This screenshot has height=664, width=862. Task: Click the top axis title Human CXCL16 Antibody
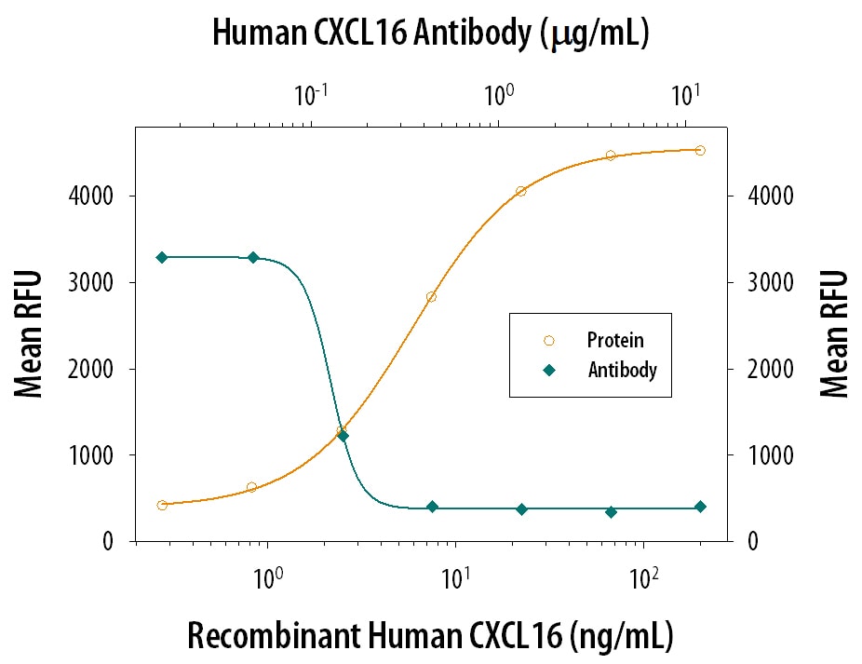(430, 33)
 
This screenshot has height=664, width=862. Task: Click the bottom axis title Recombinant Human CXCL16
(430, 635)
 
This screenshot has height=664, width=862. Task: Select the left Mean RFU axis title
(31, 333)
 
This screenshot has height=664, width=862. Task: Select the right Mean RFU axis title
(834, 333)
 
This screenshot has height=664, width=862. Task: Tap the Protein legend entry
(614, 341)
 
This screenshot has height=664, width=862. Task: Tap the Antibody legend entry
(622, 370)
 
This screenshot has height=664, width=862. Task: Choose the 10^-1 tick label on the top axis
(311, 95)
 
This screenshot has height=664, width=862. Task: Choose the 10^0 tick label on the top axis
(499, 95)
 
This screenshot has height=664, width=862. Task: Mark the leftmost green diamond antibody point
(162, 257)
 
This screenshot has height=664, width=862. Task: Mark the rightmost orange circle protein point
(700, 150)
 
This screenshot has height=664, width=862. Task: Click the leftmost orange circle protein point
(162, 505)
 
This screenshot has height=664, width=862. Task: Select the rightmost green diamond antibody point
(700, 507)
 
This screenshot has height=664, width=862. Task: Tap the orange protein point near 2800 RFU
(431, 297)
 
